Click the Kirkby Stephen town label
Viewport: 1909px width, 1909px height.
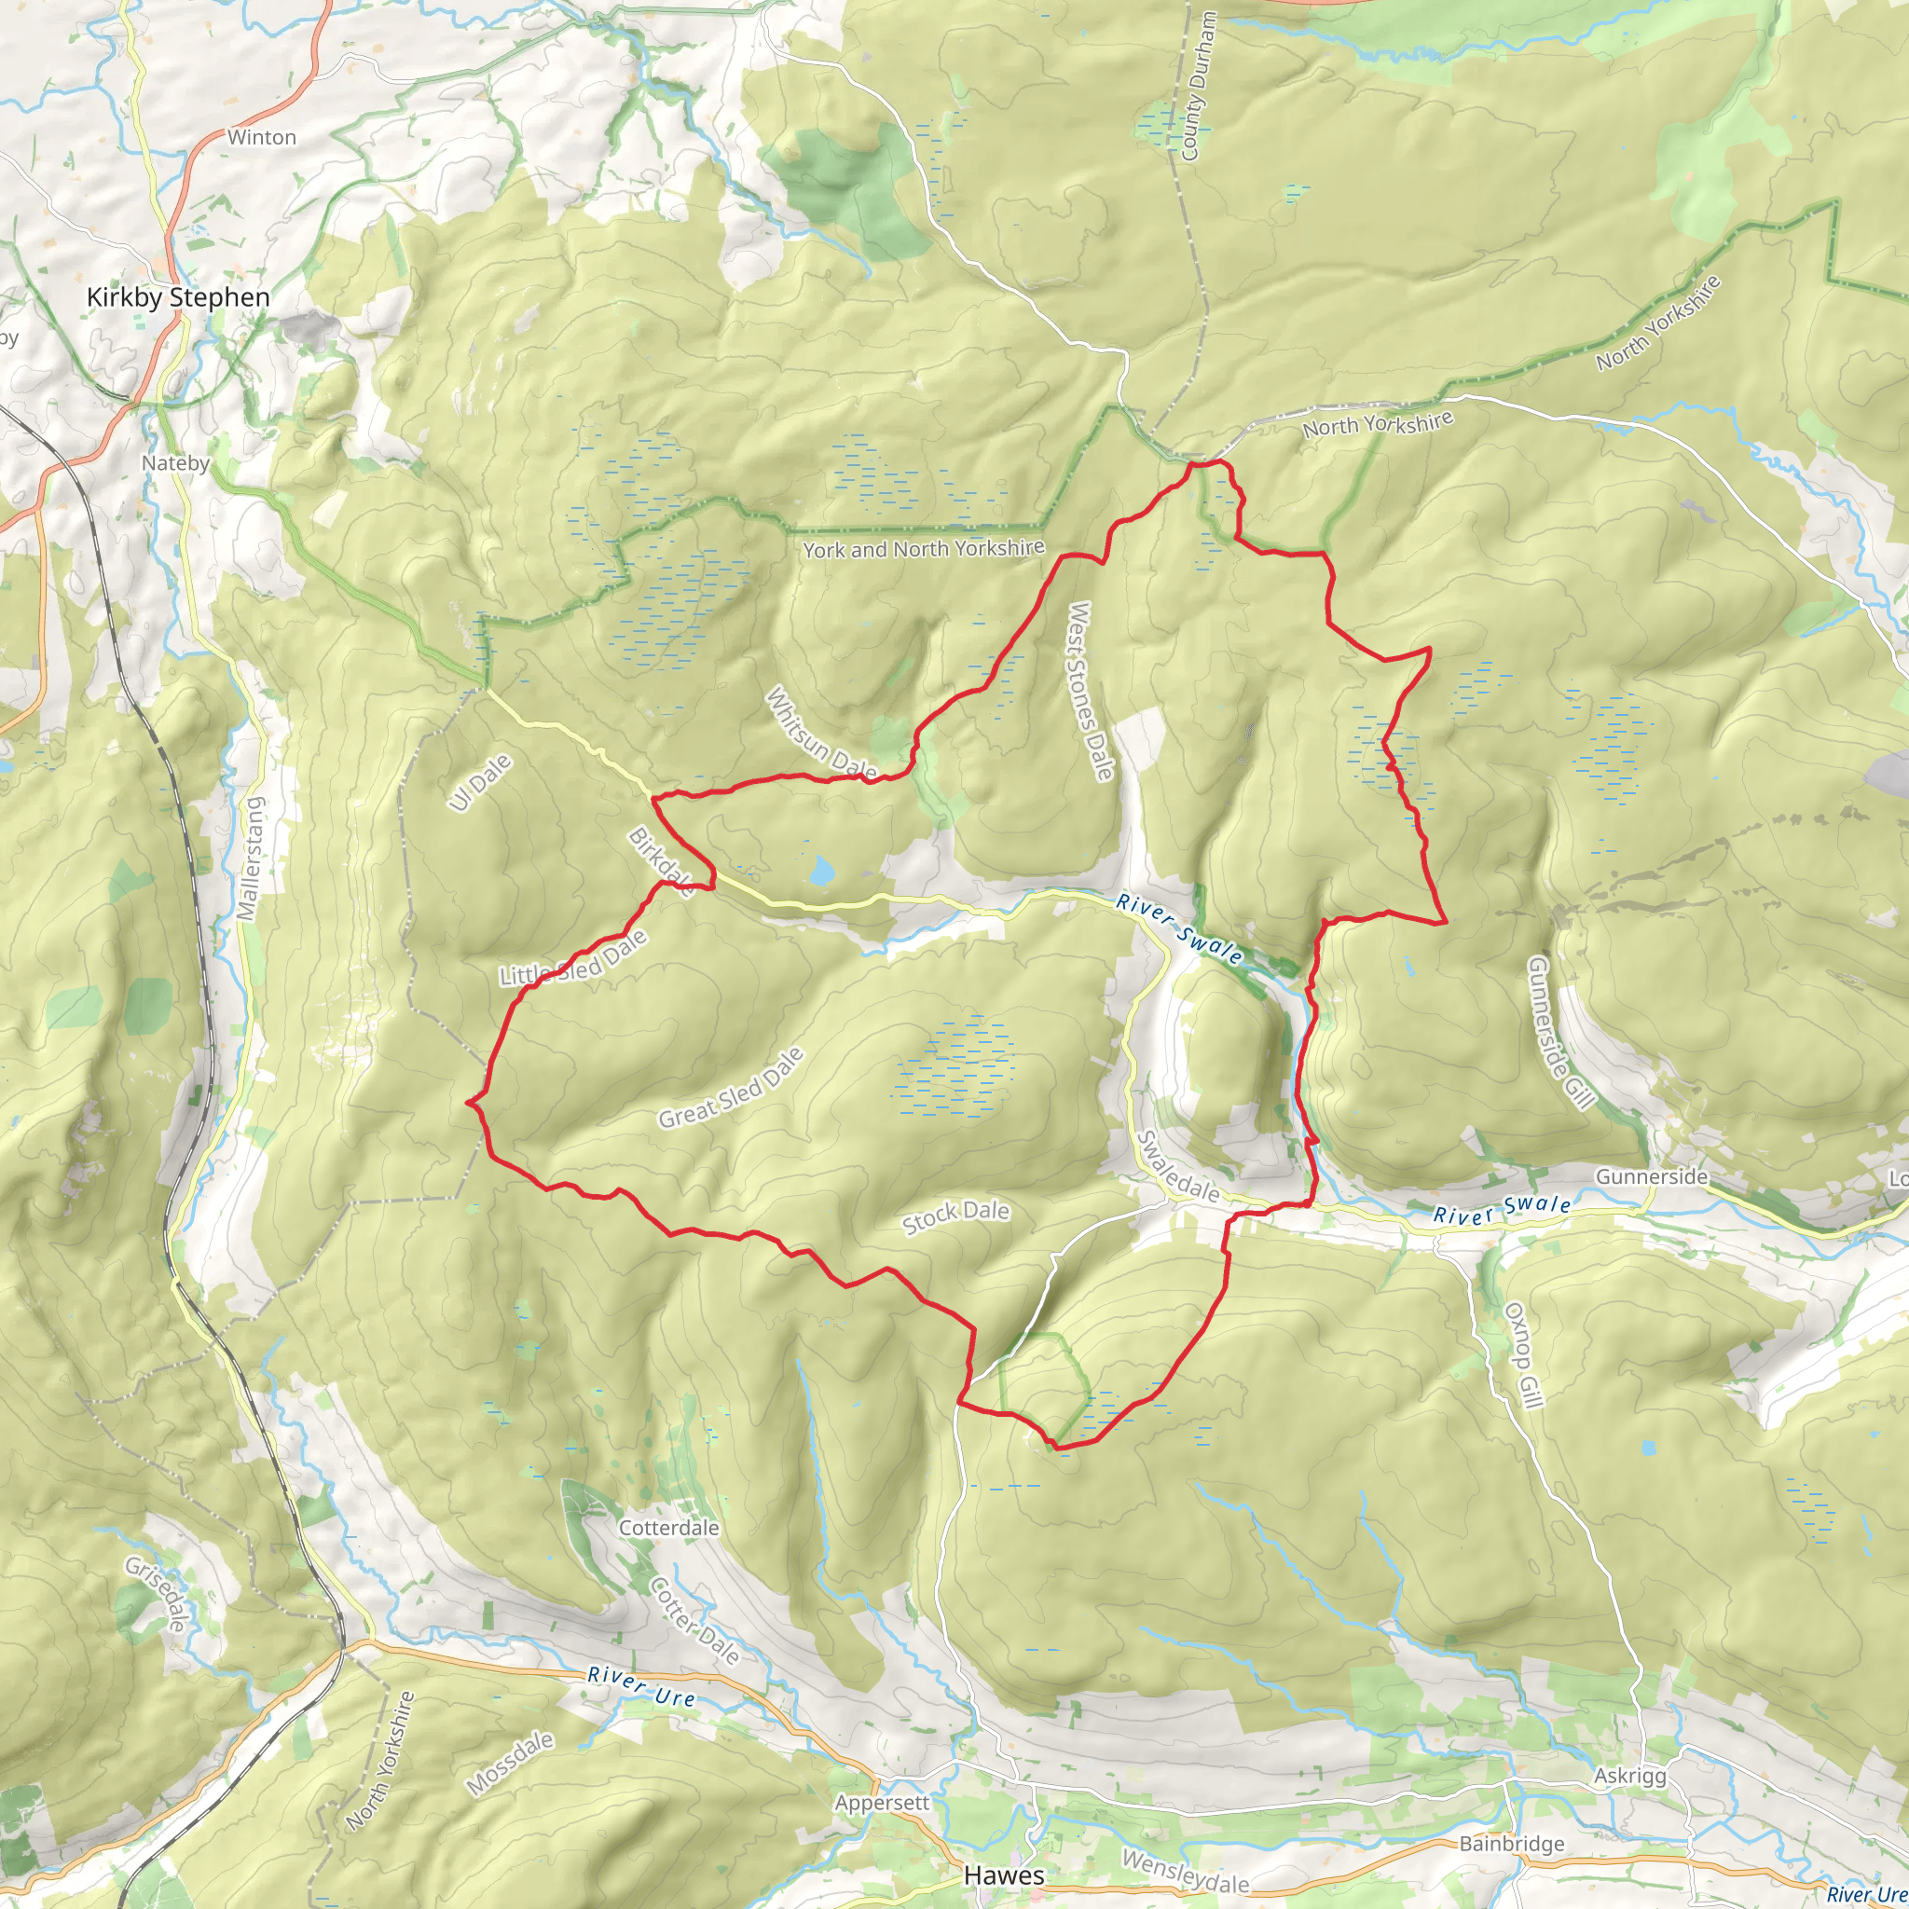(178, 297)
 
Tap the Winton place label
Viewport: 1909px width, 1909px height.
(262, 137)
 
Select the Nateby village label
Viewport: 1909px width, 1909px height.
(175, 462)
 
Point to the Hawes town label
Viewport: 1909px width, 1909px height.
(1003, 1875)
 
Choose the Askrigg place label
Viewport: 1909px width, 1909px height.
(1629, 1776)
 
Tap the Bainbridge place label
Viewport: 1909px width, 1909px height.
(1512, 1843)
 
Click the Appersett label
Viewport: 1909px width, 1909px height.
(882, 1803)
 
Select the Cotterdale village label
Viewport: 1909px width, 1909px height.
(669, 1528)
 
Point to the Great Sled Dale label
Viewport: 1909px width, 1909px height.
(731, 1089)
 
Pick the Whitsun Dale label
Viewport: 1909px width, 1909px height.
(821, 732)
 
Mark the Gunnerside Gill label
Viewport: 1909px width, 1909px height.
(1561, 1032)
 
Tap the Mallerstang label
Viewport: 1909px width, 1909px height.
(252, 859)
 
